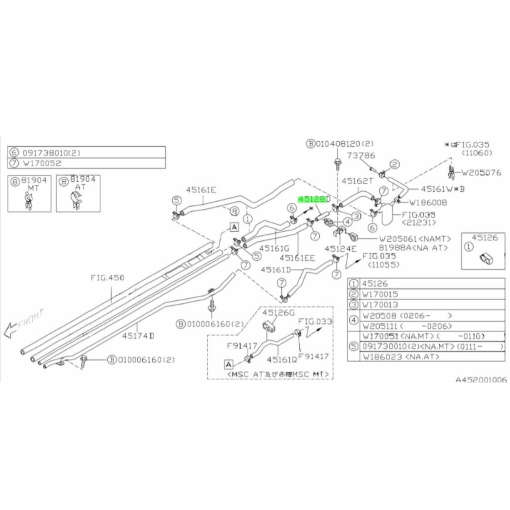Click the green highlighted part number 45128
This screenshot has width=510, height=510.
[x=311, y=200]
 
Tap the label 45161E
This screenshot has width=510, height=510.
[x=201, y=190]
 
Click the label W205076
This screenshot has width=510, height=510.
[x=481, y=173]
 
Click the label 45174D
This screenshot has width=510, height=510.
[x=138, y=336]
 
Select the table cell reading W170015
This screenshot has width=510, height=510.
[x=380, y=294]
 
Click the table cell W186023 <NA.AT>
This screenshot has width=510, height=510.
[x=401, y=357]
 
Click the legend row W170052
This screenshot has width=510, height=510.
[x=42, y=163]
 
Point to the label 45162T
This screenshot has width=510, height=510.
[x=358, y=181]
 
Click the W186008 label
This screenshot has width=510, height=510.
[x=428, y=203]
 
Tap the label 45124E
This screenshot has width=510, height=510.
[x=340, y=249]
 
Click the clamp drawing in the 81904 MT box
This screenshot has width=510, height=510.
[x=29, y=201]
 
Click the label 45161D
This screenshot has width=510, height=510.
[x=276, y=270]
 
